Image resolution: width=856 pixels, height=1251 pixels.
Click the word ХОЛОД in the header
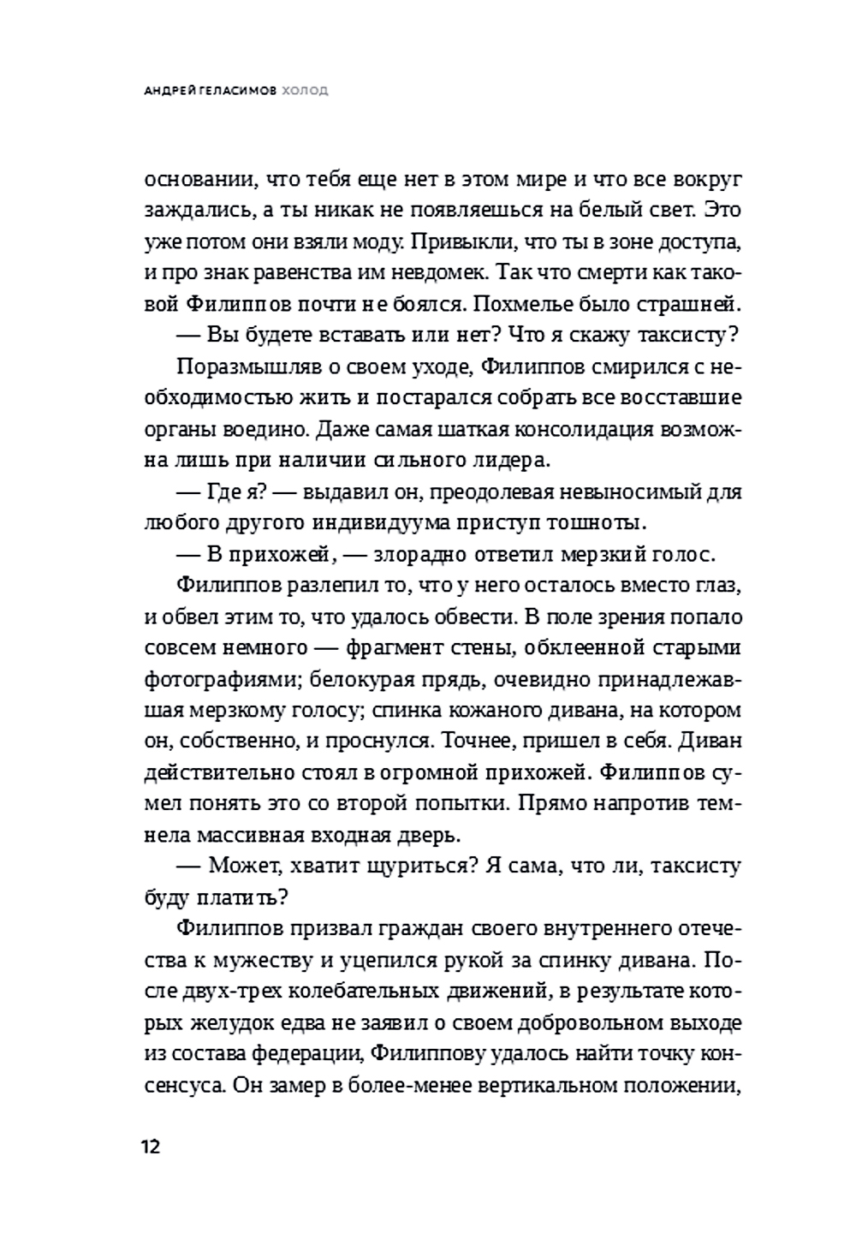point(306,90)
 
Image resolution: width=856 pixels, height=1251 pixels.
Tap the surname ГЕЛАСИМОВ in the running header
point(236,90)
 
